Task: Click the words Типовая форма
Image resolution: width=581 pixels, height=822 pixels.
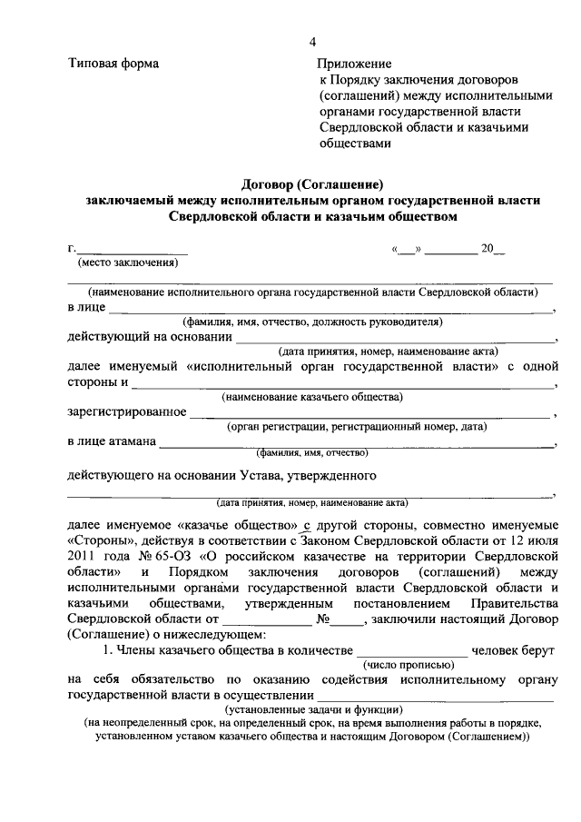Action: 113,64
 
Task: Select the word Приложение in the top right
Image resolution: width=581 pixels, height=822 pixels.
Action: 354,64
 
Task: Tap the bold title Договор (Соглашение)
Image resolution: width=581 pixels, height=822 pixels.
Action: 313,183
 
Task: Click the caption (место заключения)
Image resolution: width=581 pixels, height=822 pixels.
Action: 128,263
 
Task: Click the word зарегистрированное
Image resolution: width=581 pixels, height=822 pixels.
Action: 126,412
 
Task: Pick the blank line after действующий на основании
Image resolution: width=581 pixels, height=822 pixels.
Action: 396,340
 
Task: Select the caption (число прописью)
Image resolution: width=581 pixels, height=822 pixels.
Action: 412,666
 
